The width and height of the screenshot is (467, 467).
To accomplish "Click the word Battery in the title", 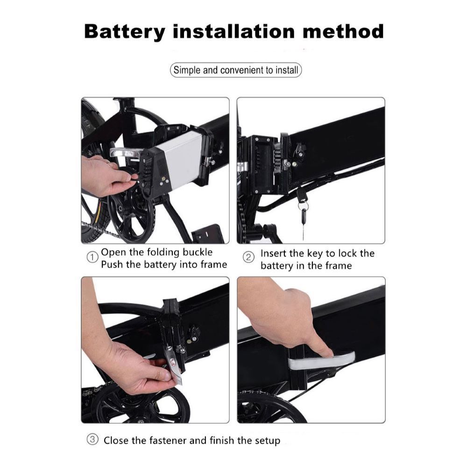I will [125, 32].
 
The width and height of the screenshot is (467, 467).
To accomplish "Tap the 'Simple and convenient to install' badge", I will [235, 71].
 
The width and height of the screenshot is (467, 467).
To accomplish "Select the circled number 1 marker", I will [92, 257].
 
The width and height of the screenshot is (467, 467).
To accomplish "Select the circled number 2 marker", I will [250, 257].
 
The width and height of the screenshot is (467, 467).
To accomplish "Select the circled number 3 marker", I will [92, 439].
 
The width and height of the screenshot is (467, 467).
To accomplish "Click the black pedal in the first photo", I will [208, 233].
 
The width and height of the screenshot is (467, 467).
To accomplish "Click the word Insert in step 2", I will [274, 254].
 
